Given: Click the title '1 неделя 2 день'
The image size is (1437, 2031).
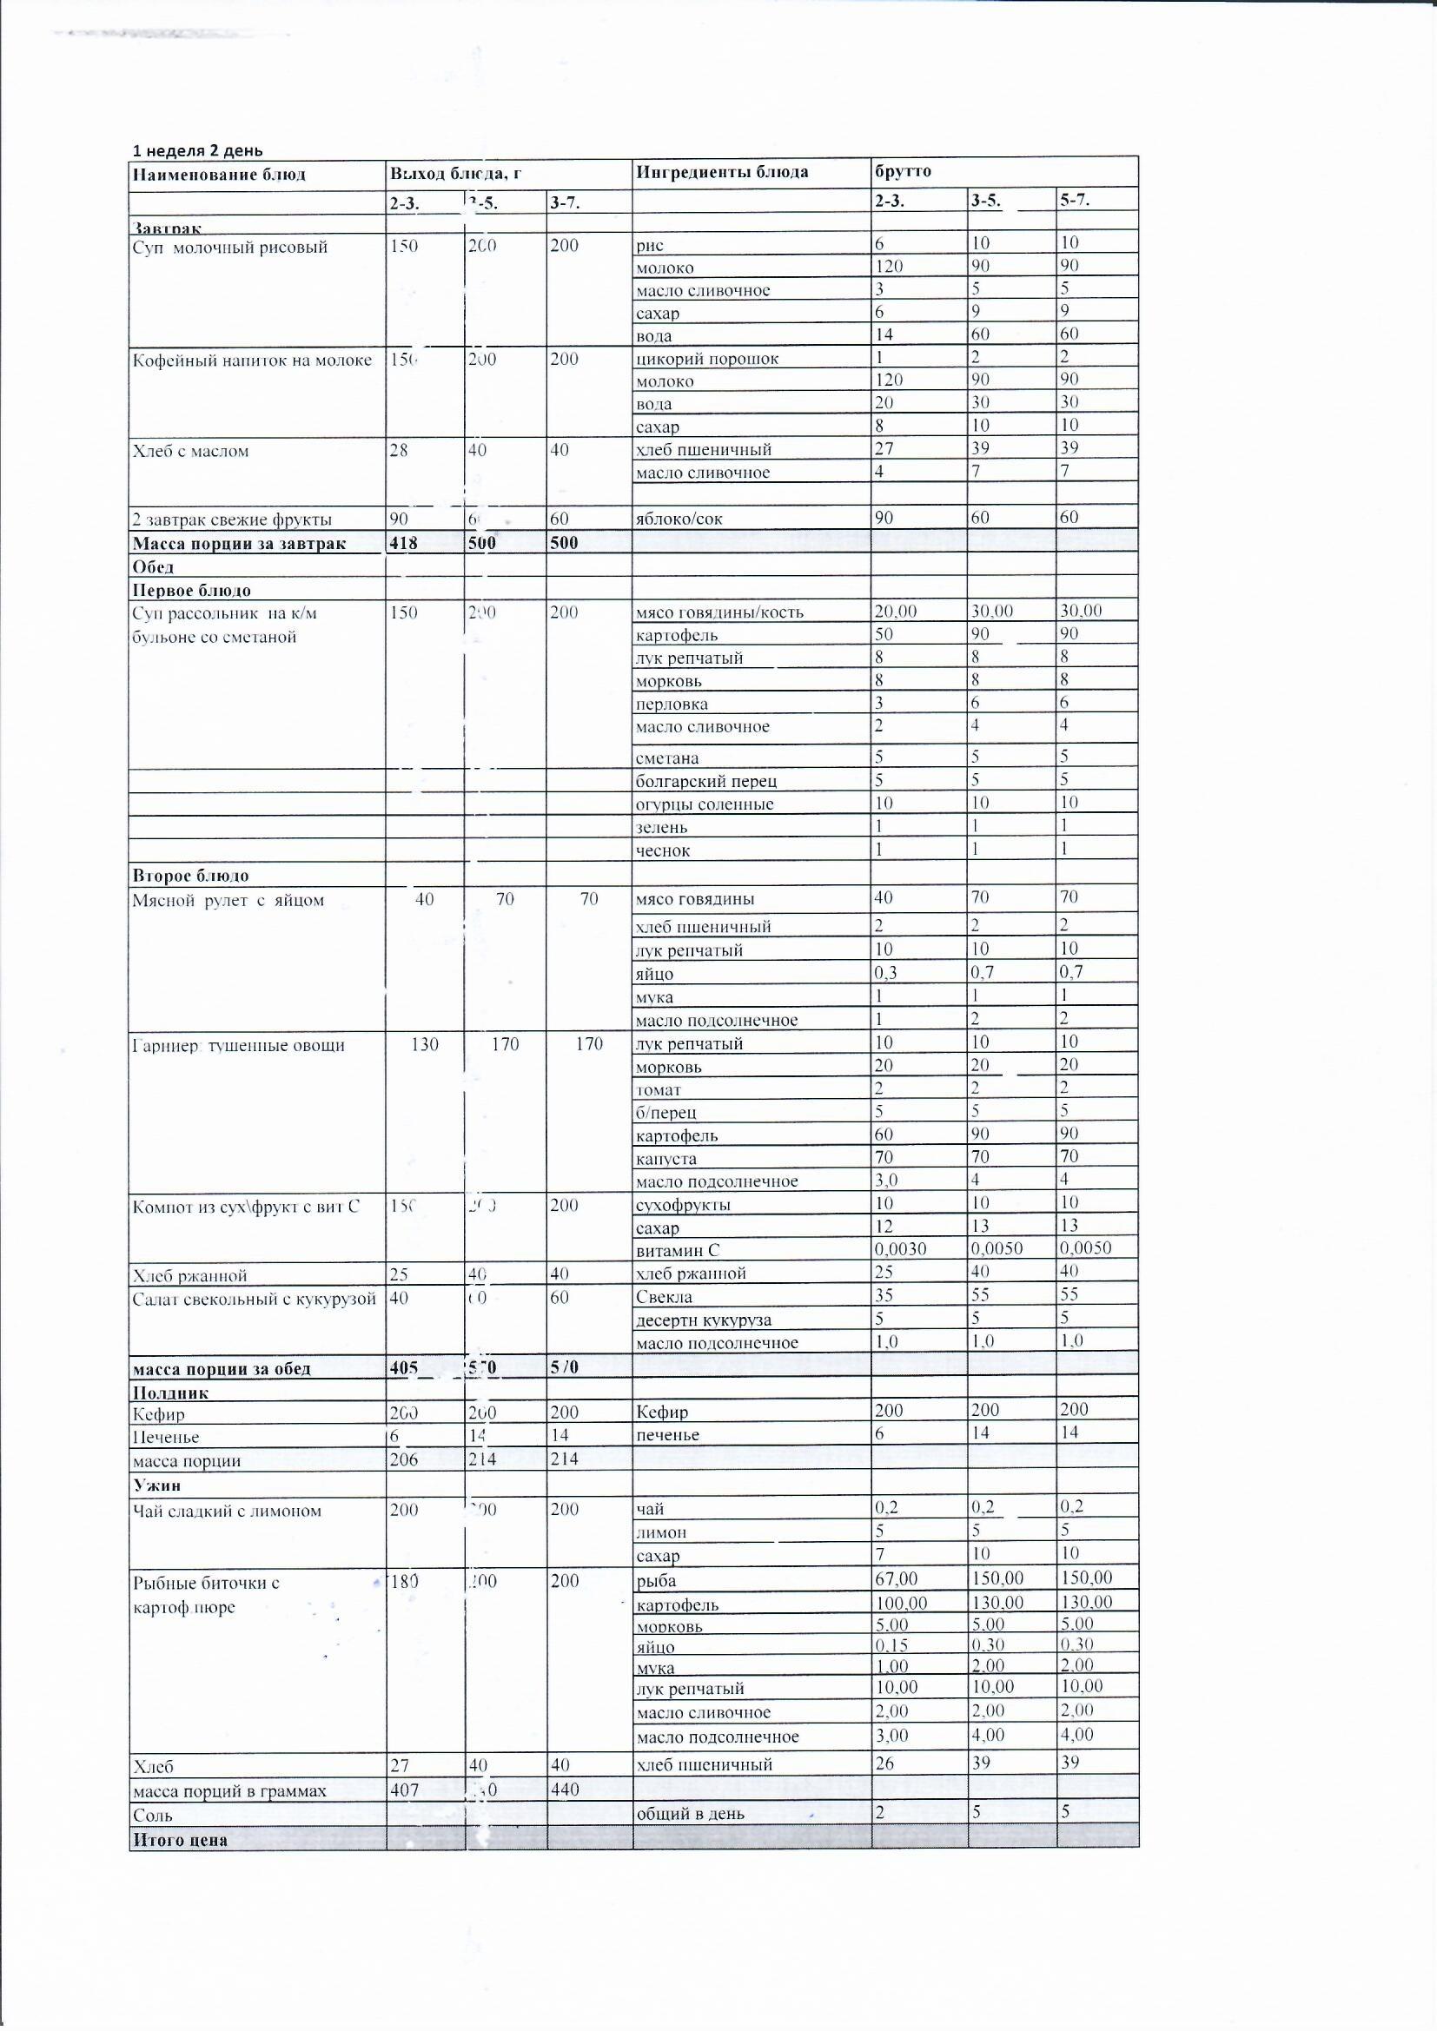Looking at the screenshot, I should click(x=197, y=150).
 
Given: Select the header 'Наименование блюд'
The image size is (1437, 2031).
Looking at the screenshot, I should click(x=219, y=175).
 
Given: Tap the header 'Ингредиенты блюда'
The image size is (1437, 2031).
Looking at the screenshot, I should click(x=721, y=172).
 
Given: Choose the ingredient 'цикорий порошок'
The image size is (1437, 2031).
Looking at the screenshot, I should click(x=707, y=359).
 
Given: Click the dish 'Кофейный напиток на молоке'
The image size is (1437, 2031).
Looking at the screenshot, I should click(x=251, y=360).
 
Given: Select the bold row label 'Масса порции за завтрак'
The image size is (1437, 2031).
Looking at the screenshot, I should click(x=239, y=543).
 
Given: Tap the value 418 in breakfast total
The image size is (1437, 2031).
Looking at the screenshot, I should click(x=403, y=543).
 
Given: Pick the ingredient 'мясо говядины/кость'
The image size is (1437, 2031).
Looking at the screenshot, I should click(x=719, y=612).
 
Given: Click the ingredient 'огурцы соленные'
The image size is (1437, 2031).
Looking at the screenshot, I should click(x=705, y=804).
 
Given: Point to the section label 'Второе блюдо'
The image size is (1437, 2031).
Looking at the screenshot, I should click(x=190, y=876).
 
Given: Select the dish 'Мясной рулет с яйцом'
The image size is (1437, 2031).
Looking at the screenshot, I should click(x=228, y=901).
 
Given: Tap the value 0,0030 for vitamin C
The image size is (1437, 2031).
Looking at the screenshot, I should click(x=901, y=1248).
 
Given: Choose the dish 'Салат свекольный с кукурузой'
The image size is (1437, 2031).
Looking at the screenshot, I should click(x=254, y=1299).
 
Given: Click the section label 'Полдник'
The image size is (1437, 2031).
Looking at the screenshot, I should click(x=171, y=1393).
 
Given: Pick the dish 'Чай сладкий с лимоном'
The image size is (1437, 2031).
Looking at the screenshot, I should click(x=227, y=1511).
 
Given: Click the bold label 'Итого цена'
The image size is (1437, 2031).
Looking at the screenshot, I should click(x=180, y=1840).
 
